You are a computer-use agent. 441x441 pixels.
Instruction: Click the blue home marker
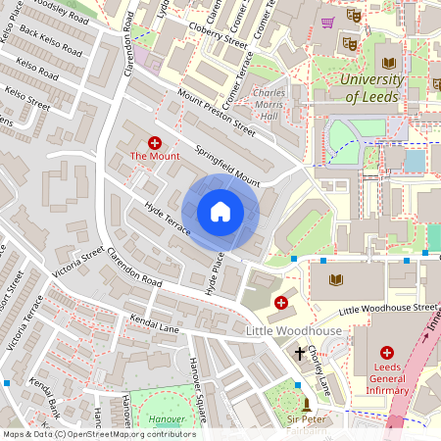click(220, 211)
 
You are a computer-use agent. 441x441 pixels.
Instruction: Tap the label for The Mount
click(154, 156)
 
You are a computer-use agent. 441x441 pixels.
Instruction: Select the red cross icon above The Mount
click(154, 142)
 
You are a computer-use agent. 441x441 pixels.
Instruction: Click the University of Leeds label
click(386, 87)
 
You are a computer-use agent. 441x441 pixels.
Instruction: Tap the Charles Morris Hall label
click(269, 105)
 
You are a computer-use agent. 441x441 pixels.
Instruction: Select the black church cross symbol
click(300, 352)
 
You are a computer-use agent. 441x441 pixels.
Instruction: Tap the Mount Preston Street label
click(216, 113)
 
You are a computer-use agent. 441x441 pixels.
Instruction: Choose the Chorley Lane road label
click(320, 364)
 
